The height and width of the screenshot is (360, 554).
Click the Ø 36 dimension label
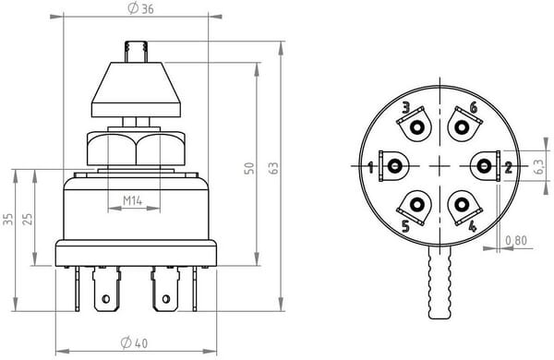click(140, 9)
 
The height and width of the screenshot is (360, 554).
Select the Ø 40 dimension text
click(134, 342)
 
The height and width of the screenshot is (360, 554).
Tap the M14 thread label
click(132, 200)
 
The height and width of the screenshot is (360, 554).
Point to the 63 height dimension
click(273, 168)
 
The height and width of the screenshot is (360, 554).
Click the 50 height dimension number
click(249, 168)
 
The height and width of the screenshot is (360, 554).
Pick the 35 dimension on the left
click(7, 219)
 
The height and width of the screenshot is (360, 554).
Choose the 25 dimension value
click(27, 219)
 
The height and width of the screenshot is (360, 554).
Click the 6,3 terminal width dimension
click(538, 166)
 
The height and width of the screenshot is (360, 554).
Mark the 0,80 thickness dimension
click(516, 241)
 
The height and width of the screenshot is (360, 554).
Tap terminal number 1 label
click(370, 167)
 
